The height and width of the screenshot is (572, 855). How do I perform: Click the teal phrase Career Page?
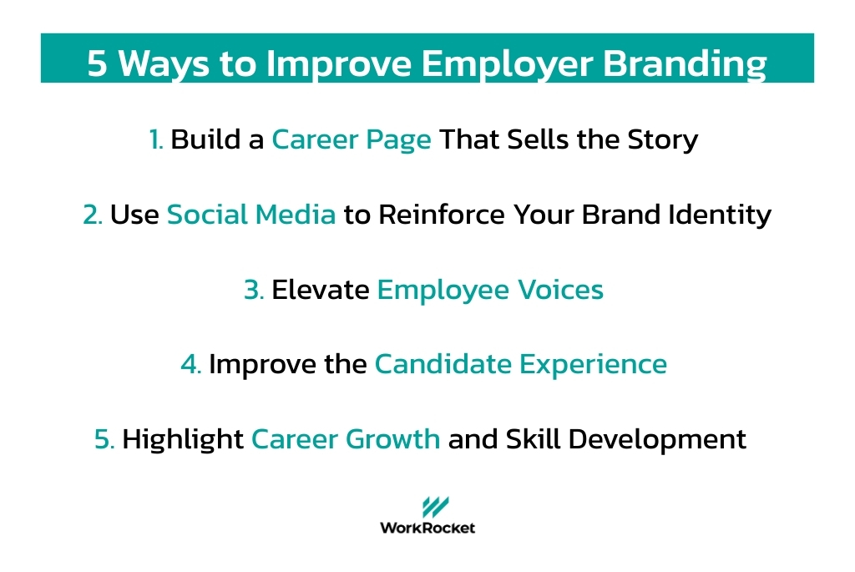(x=352, y=139)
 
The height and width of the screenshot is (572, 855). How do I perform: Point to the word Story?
(x=662, y=139)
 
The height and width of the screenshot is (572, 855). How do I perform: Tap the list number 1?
(x=156, y=139)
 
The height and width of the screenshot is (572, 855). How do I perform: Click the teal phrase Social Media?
(x=251, y=215)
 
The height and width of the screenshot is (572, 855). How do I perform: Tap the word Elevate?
(x=321, y=290)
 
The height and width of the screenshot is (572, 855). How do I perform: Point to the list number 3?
(x=254, y=290)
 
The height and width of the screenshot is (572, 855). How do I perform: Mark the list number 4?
(x=190, y=365)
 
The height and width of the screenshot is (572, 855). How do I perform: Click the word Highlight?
(x=183, y=439)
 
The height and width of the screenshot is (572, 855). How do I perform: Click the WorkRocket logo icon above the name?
(x=434, y=507)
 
